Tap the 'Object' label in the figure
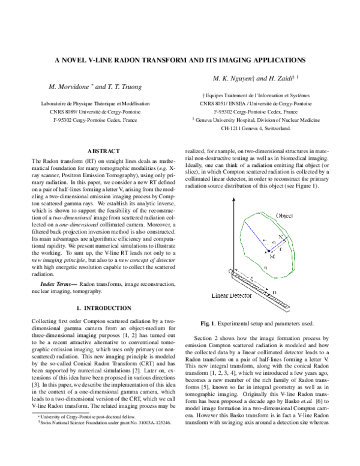click(284, 216)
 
